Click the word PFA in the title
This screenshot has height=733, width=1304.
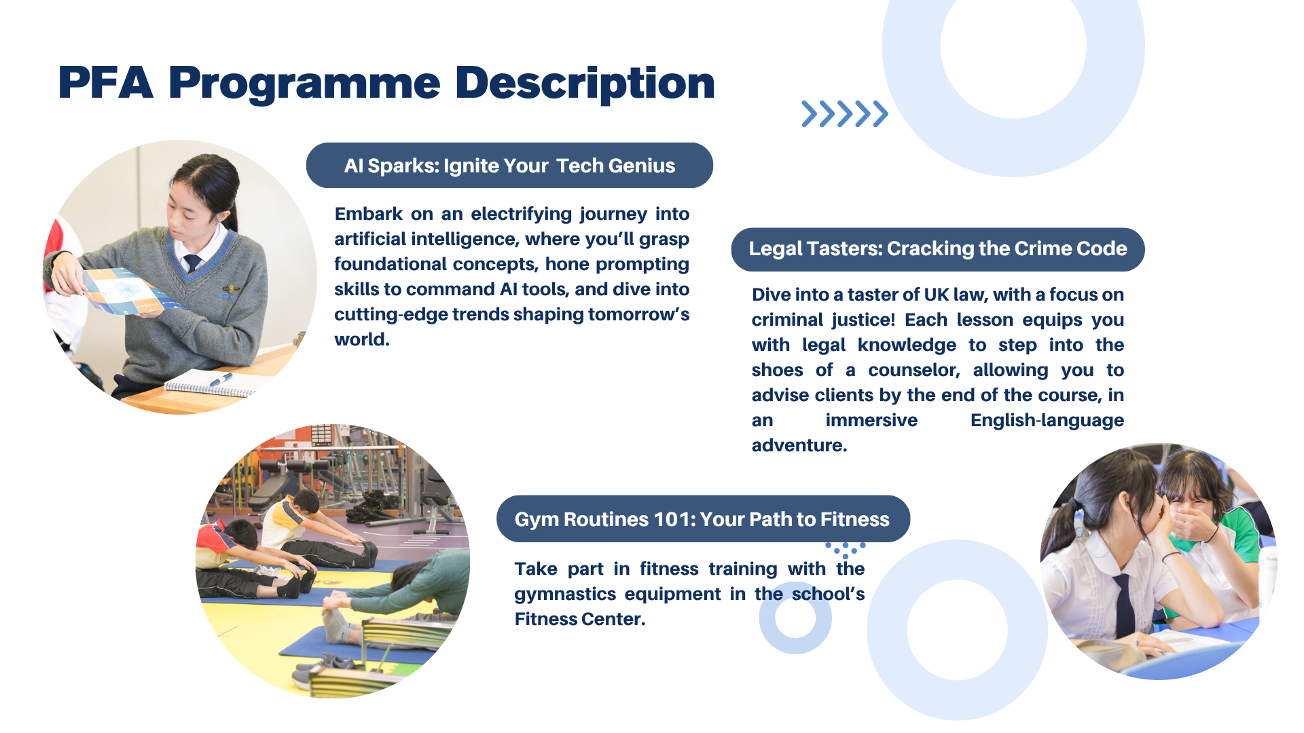(x=105, y=83)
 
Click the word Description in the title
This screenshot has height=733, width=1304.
(x=585, y=84)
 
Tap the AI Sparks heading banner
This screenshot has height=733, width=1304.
(x=509, y=165)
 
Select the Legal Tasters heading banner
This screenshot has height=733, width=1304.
(x=938, y=249)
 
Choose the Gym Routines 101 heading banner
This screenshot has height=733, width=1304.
(x=703, y=519)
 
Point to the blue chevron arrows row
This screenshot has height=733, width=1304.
(x=844, y=114)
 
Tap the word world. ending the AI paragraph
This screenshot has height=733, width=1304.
(x=362, y=339)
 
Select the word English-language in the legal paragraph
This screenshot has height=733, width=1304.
(x=1047, y=421)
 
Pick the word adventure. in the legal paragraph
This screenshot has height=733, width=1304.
(x=799, y=446)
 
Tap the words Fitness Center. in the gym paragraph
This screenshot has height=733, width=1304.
(x=580, y=619)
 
